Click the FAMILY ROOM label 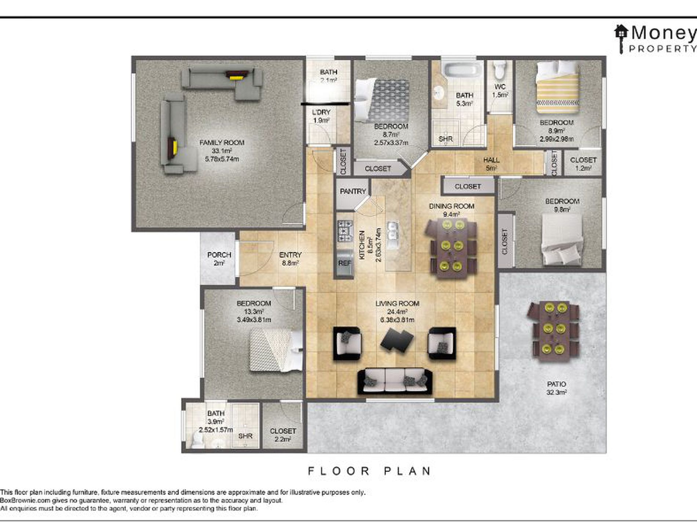point(222,142)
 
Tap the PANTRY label point(353,191)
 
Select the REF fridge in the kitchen point(344,262)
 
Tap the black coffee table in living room point(397,340)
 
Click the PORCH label point(219,254)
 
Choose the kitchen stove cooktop point(345,231)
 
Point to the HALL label point(491,160)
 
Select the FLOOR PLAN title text point(369,471)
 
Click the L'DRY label point(321,112)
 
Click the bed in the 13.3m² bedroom point(276,350)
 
